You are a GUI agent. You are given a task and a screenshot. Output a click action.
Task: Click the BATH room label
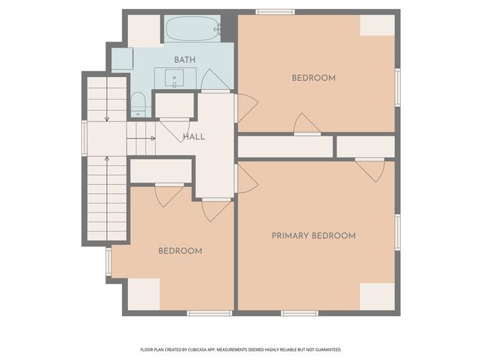coord(185,60)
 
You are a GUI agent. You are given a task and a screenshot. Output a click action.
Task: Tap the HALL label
coord(194,137)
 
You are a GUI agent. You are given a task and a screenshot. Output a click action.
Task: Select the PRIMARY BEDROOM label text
coord(313,236)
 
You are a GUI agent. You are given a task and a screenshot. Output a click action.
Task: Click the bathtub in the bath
coord(192,29)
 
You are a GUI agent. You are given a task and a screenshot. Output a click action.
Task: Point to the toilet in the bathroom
coord(138,104)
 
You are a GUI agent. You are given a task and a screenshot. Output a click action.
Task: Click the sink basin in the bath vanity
coord(174,78)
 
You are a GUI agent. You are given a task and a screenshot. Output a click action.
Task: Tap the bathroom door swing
coord(215,80)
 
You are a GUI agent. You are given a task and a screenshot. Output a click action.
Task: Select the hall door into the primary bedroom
coord(247,179)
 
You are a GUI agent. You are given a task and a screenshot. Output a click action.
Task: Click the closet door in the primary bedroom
coord(370,170)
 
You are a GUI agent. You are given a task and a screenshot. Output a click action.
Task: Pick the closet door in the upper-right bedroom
coord(307,124)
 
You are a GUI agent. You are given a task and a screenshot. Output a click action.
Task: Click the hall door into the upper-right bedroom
coord(246,108)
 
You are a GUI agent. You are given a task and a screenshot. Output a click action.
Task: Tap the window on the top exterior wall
coord(275,12)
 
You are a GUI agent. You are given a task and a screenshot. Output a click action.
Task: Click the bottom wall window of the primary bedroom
coord(300,313)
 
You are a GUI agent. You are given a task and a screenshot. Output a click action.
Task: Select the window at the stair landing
coord(84,139)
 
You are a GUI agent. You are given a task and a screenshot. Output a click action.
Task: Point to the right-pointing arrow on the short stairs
coord(141,139)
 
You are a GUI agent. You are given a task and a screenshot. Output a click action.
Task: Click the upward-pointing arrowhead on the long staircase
coord(107,158)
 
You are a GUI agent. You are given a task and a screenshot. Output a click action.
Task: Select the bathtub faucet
coord(218,29)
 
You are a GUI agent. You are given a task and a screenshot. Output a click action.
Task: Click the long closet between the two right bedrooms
coord(285,147)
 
